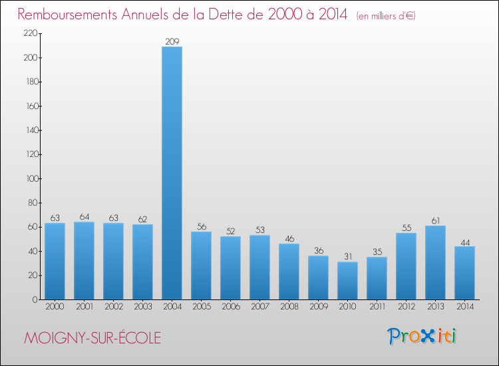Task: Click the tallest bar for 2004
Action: click(x=172, y=173)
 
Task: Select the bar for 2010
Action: click(x=347, y=280)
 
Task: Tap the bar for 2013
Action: click(x=435, y=262)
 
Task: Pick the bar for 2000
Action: click(x=55, y=261)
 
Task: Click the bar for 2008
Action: click(x=289, y=272)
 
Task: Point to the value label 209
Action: click(x=172, y=42)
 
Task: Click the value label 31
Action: click(x=347, y=257)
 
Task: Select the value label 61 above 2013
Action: click(x=435, y=221)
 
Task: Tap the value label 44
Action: click(x=464, y=242)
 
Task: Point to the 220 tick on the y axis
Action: click(x=29, y=33)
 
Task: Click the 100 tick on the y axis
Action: click(x=29, y=178)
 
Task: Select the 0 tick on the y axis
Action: click(x=33, y=299)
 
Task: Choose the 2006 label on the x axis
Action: click(x=230, y=307)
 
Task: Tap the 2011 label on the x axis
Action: click(x=377, y=307)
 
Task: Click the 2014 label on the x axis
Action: click(x=464, y=307)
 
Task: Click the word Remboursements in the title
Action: click(x=73, y=15)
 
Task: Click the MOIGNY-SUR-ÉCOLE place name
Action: click(x=92, y=337)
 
